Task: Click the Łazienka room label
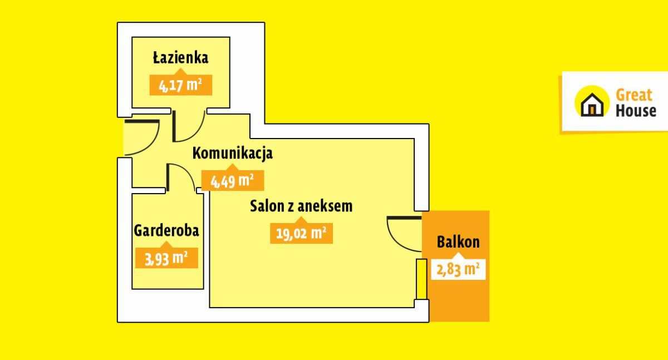point(181,57)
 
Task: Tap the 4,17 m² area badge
point(181,85)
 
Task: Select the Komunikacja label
point(233,154)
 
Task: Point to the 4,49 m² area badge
point(233,180)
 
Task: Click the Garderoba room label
point(166,230)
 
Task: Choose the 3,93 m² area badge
point(166,258)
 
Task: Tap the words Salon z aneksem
point(301,206)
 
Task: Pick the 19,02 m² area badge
point(301,233)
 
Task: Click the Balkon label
point(458,241)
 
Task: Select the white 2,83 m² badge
point(458,269)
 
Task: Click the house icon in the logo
point(592,102)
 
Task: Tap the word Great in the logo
point(634,95)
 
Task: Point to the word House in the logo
point(636,111)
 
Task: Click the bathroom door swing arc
point(195,132)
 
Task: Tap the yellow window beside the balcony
point(422,279)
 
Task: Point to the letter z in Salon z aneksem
point(291,208)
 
